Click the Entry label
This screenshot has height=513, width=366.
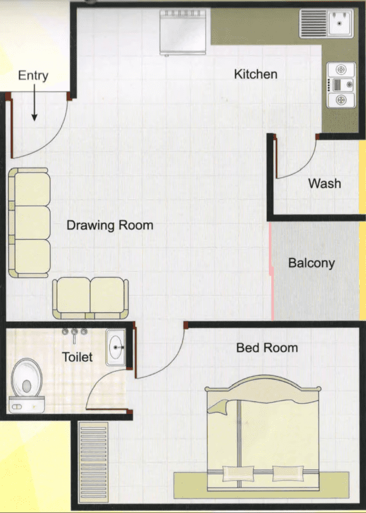coord(33,76)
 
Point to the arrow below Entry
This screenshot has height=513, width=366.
coord(34,102)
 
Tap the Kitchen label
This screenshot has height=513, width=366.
coord(256,74)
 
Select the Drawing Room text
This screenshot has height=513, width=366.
coord(110,225)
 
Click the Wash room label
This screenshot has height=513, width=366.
coord(324,184)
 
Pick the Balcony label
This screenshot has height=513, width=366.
coord(312,263)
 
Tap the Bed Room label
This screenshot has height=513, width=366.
coord(267,348)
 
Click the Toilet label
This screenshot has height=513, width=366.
coord(77,357)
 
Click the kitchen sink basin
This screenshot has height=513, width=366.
coord(340,23)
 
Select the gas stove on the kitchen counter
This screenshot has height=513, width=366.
coord(341,85)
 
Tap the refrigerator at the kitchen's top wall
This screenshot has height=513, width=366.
coord(183,32)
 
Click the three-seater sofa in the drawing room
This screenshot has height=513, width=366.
coord(29,223)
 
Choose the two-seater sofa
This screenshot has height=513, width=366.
coord(90,298)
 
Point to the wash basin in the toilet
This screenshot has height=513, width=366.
coord(115,347)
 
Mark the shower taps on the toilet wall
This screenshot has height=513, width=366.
coord(74,333)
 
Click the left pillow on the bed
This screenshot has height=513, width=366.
coord(238,473)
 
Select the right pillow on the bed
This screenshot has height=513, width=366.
coord(288,473)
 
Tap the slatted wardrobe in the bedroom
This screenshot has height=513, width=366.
coord(93,462)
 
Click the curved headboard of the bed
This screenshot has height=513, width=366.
coord(263,383)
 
